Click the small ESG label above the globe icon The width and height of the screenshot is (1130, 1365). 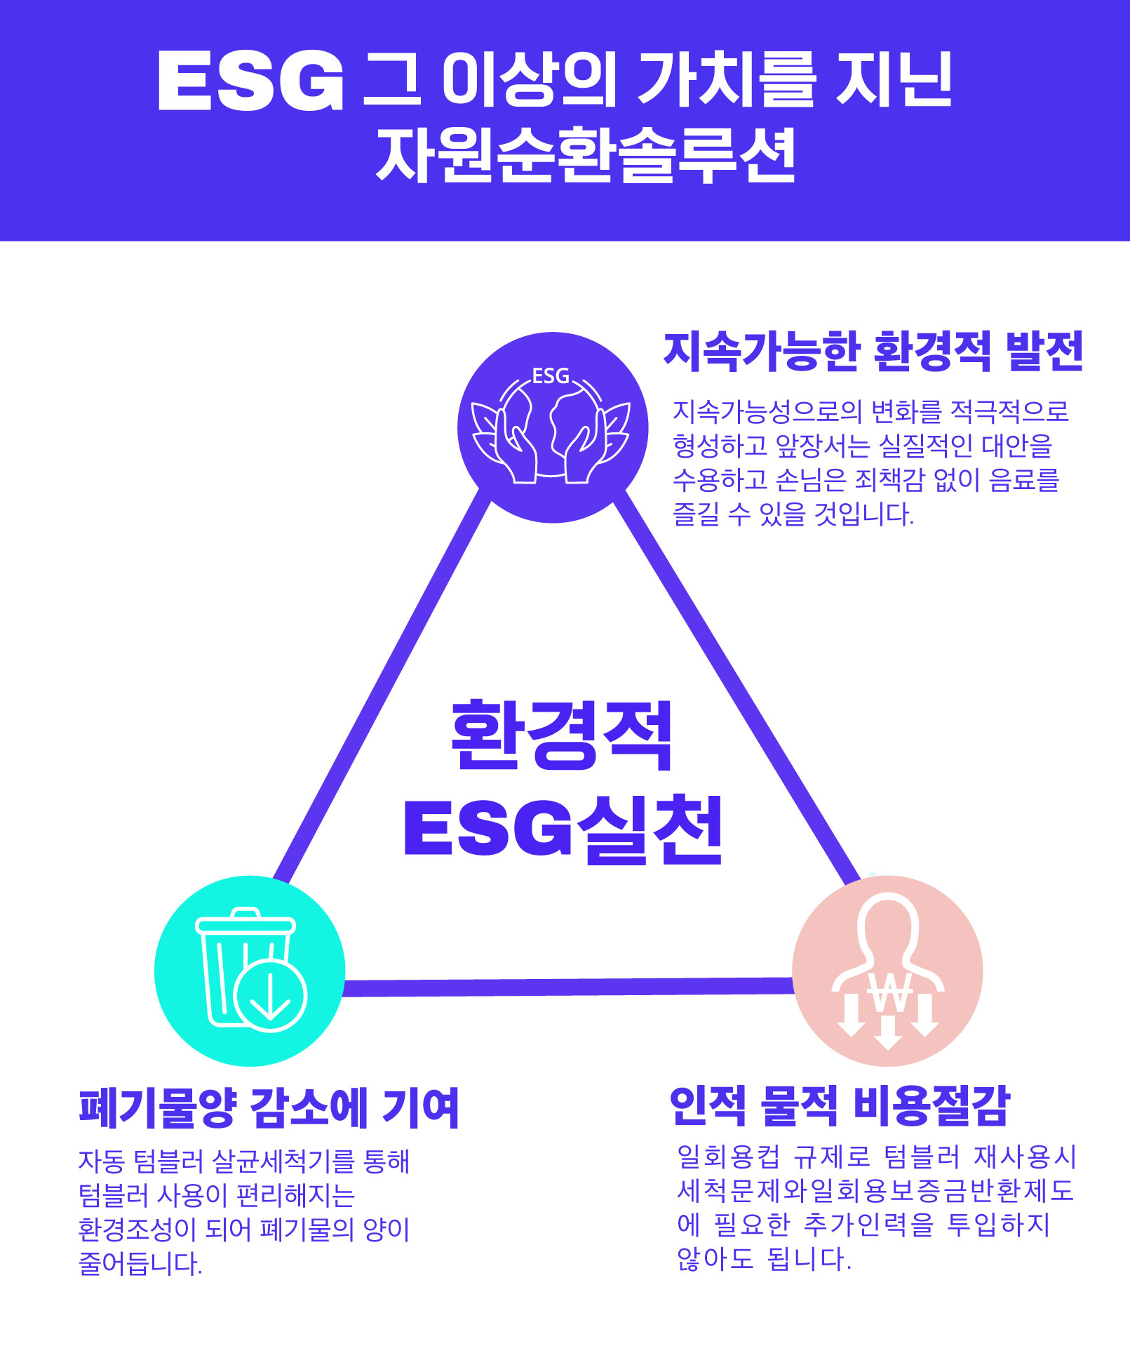click(x=551, y=376)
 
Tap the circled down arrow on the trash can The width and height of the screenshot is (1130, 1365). click(x=270, y=995)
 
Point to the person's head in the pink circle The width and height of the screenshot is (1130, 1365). click(x=888, y=923)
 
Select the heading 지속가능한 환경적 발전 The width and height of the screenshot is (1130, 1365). click(x=874, y=351)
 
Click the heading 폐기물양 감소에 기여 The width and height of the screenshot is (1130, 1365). click(x=269, y=1108)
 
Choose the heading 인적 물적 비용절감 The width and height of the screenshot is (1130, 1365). click(x=840, y=1105)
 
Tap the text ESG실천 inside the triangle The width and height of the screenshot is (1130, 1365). click(x=563, y=828)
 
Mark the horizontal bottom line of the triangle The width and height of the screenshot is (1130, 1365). click(x=568, y=987)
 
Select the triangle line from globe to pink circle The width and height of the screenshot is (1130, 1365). click(x=736, y=686)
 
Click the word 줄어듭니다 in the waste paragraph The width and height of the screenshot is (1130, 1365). click(x=140, y=1263)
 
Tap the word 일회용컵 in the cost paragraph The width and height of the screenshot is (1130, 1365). click(x=728, y=1156)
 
